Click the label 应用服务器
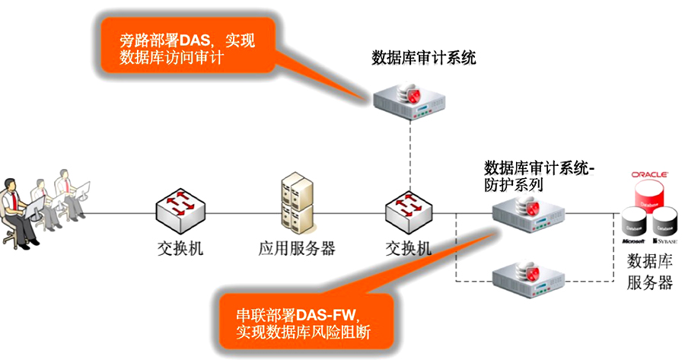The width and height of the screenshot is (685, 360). coord(297,249)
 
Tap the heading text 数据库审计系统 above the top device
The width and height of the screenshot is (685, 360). coord(424,58)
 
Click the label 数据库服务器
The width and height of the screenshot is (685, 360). coord(649,272)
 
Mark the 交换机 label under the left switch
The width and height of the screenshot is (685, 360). coord(180,249)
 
